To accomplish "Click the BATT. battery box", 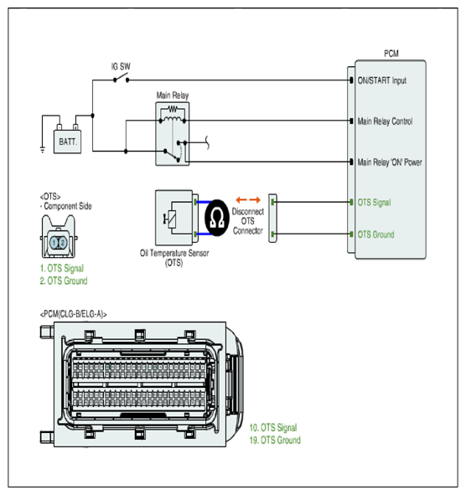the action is (x=67, y=142).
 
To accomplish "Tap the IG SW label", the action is (x=121, y=66).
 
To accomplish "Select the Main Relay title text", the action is (x=173, y=95).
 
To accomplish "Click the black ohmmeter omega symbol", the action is (x=217, y=218).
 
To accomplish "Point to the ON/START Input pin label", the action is (x=381, y=80).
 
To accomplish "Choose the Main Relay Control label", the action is (x=385, y=121).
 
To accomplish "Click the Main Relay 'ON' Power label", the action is (x=390, y=162).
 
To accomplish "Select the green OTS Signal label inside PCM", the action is (x=374, y=203).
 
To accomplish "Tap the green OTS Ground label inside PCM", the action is (x=375, y=235).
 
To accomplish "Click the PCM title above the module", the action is (x=391, y=54).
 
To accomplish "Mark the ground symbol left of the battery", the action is (x=43, y=149).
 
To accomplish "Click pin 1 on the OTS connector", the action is (x=54, y=242).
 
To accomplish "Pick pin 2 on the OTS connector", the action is (x=63, y=242).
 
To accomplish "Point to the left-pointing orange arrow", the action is (x=241, y=199).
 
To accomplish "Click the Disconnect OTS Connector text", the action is (x=248, y=221).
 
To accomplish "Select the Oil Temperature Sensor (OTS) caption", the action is (x=174, y=258).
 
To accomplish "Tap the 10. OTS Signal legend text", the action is (x=273, y=427).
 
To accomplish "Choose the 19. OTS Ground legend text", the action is (x=275, y=440).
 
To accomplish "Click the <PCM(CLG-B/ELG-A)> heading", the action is (x=73, y=314).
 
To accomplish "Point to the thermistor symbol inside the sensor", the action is (x=171, y=219).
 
